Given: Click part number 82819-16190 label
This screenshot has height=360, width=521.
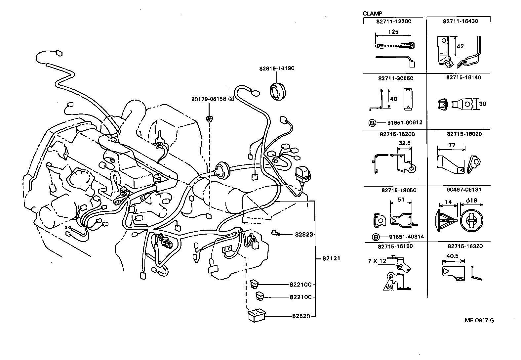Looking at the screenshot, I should click(276, 68).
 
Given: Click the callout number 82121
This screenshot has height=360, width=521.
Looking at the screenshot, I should click(331, 258).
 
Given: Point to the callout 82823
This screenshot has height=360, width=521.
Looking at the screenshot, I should click(303, 234).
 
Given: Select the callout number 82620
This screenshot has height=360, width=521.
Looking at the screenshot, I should click(301, 316).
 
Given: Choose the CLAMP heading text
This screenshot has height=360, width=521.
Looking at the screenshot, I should click(372, 14).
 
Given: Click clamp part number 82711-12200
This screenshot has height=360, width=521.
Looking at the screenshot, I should click(393, 21).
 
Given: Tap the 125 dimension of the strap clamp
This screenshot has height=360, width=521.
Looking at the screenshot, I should click(393, 32).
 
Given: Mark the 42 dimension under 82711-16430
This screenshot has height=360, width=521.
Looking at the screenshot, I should click(460, 46).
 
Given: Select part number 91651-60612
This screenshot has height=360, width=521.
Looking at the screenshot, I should click(405, 123).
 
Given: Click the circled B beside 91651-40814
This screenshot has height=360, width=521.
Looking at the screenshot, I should click(375, 237).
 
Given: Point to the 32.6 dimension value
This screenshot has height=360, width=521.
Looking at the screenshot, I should click(404, 143).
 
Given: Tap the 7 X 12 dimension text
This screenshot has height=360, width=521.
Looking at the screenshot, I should click(377, 261).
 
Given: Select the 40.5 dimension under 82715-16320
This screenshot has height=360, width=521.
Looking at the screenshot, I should click(452, 256).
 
